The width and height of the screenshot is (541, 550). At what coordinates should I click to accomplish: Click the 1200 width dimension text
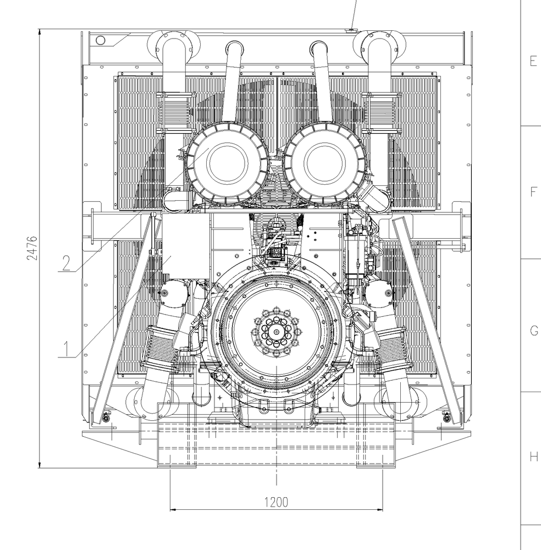(x=276, y=502)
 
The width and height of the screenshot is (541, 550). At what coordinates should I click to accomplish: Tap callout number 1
(x=65, y=348)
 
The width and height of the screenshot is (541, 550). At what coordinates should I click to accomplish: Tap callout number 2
(x=65, y=263)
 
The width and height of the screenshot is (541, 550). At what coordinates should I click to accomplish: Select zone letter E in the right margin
(x=533, y=61)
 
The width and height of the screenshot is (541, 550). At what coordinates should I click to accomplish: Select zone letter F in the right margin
(x=533, y=192)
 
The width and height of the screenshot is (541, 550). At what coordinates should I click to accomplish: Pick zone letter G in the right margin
(x=533, y=331)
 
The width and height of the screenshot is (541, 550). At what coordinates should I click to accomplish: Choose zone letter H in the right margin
(x=533, y=457)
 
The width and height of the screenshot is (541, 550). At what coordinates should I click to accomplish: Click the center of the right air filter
(x=324, y=161)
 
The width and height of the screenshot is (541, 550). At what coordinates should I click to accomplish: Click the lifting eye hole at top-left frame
(x=100, y=40)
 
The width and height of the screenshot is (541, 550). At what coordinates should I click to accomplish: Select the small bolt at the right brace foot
(x=446, y=420)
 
